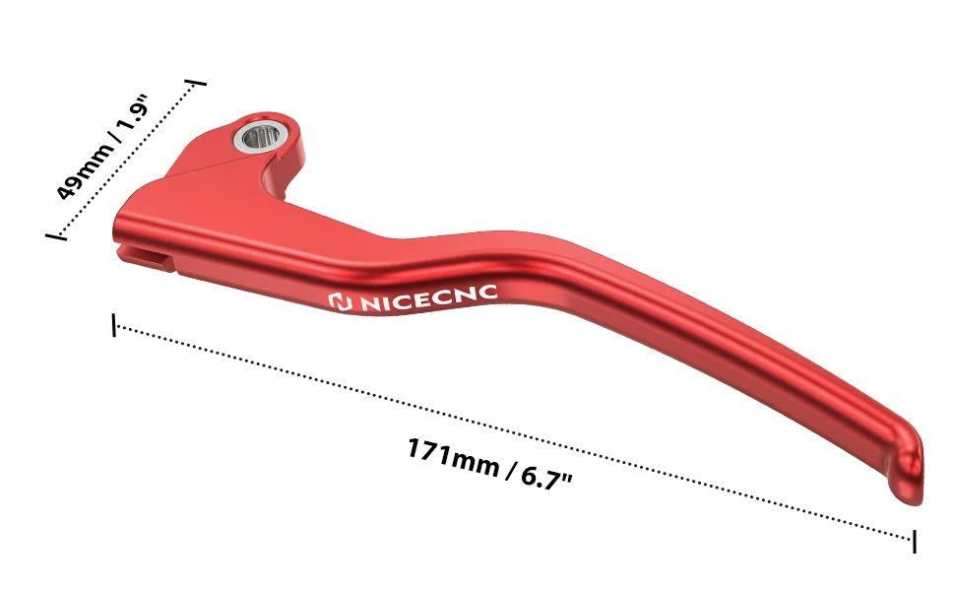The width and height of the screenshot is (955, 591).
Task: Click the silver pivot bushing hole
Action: [x=260, y=137]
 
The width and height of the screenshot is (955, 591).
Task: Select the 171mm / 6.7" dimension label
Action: [x=490, y=463]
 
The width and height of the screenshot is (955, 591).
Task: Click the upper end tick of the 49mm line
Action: [x=196, y=82]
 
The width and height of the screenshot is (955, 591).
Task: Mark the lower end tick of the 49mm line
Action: [x=56, y=234]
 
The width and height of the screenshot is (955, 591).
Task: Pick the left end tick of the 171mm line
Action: [x=114, y=325]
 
